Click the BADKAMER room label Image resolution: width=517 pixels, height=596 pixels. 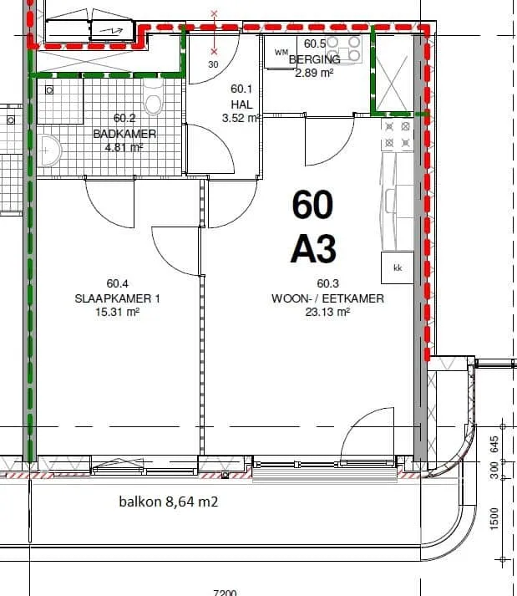point(124,134)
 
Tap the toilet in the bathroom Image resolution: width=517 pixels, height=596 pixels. point(153,97)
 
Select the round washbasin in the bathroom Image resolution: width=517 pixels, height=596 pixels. point(48,150)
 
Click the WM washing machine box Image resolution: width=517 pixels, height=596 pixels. point(281,53)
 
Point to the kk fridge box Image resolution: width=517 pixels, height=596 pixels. point(398,267)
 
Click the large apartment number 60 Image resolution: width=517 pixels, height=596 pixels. point(312,205)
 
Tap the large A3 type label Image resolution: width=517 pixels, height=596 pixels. point(313,249)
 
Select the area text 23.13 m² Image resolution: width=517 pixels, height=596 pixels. point(327,312)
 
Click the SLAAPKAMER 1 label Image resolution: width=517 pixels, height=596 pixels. point(118,298)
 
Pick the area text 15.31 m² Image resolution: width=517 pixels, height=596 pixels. point(118,312)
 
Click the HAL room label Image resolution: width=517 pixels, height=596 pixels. point(241,104)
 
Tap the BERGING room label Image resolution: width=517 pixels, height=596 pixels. point(315,59)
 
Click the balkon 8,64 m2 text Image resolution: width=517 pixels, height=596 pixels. point(169,502)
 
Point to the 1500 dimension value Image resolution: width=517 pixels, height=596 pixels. point(494,518)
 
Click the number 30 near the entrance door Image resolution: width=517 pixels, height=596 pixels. point(214,64)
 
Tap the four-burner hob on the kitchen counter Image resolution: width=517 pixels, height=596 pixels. point(398,135)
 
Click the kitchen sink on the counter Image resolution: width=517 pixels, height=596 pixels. point(390,201)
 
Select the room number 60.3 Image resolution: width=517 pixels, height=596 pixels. point(328,283)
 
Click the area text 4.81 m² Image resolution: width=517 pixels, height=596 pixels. point(124,147)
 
